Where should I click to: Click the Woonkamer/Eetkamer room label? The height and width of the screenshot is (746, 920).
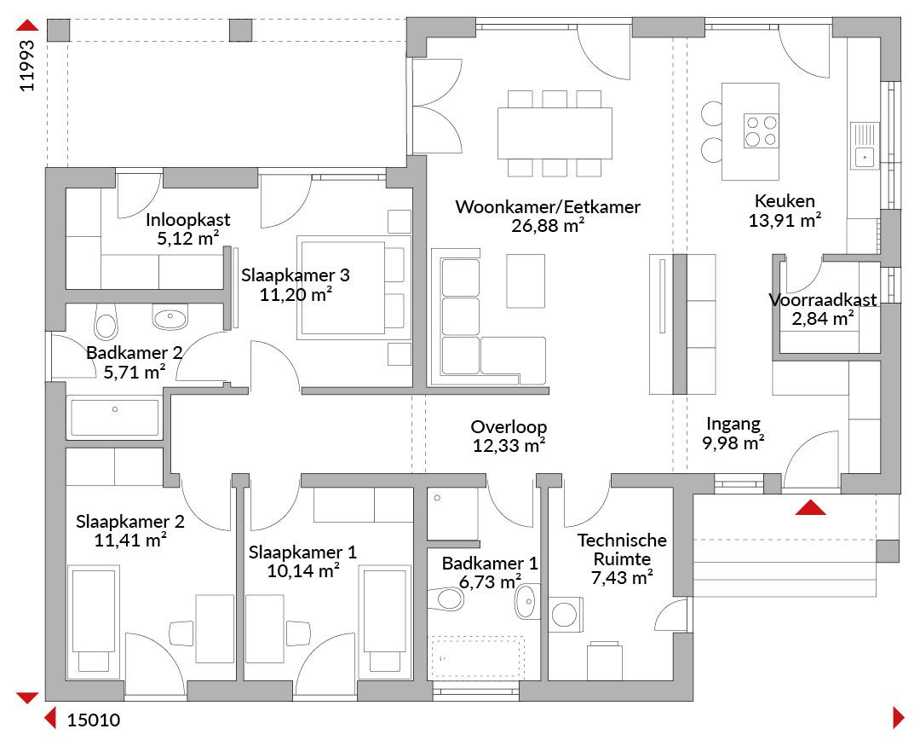548,207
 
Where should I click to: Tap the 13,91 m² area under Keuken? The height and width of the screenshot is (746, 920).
785,221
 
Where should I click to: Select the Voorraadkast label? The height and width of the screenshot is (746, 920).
823,300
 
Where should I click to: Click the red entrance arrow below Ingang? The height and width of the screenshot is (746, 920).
810,507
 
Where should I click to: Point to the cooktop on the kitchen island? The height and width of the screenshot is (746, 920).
761,130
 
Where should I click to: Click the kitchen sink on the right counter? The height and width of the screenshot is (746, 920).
865,145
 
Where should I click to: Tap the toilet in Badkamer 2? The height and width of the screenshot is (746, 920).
106,321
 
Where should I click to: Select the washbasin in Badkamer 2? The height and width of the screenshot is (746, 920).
170,316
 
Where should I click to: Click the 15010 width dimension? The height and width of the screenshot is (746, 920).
94,720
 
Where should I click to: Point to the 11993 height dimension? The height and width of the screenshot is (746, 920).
27,66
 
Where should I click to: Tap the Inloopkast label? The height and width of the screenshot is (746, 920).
187,220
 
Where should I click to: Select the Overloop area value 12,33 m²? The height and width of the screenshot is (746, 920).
509,446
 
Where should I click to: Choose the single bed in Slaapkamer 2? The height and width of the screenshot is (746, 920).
94,618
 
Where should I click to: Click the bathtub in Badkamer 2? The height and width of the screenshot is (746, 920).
114,418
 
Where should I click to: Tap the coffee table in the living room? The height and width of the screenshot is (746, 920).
526,280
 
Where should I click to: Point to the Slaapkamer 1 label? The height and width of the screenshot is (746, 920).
302,552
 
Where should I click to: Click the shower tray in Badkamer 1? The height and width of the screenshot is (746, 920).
452,514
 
